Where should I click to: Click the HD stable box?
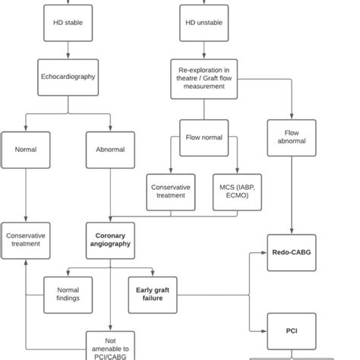click(69, 23)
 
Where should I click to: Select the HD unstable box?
click(199, 23)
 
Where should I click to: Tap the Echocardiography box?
click(69, 77)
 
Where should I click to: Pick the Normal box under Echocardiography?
click(26, 150)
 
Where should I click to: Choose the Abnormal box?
click(111, 150)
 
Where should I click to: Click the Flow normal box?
click(204, 138)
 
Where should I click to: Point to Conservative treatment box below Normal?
click(26, 240)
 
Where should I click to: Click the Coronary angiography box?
click(111, 240)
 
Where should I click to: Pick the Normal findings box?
click(68, 295)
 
